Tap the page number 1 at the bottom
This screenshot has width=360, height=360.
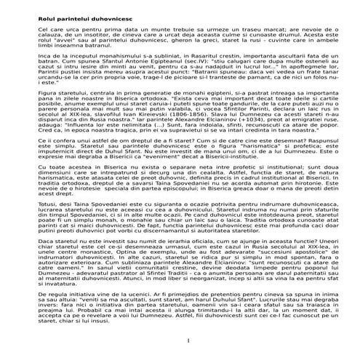point(188,342)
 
